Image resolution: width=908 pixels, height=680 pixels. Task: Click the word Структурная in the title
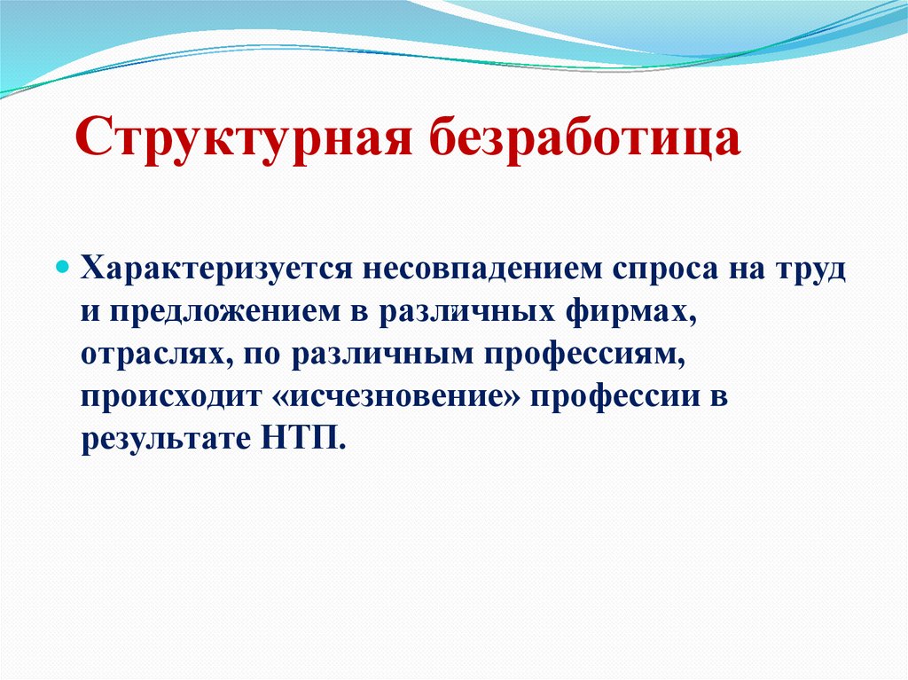(x=240, y=138)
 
